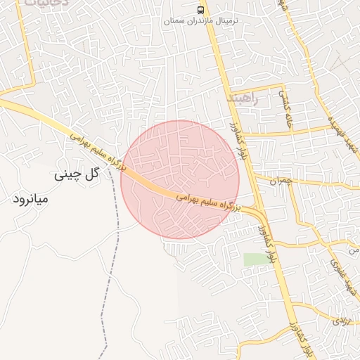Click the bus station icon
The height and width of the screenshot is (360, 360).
click(202, 10)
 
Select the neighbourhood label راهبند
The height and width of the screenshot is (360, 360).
click(243, 100)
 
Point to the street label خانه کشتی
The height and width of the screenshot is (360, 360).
click(287, 112)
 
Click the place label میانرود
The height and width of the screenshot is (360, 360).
click(31, 199)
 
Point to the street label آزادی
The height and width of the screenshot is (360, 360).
click(340, 321)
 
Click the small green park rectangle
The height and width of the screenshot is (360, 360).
click(257, 259)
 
